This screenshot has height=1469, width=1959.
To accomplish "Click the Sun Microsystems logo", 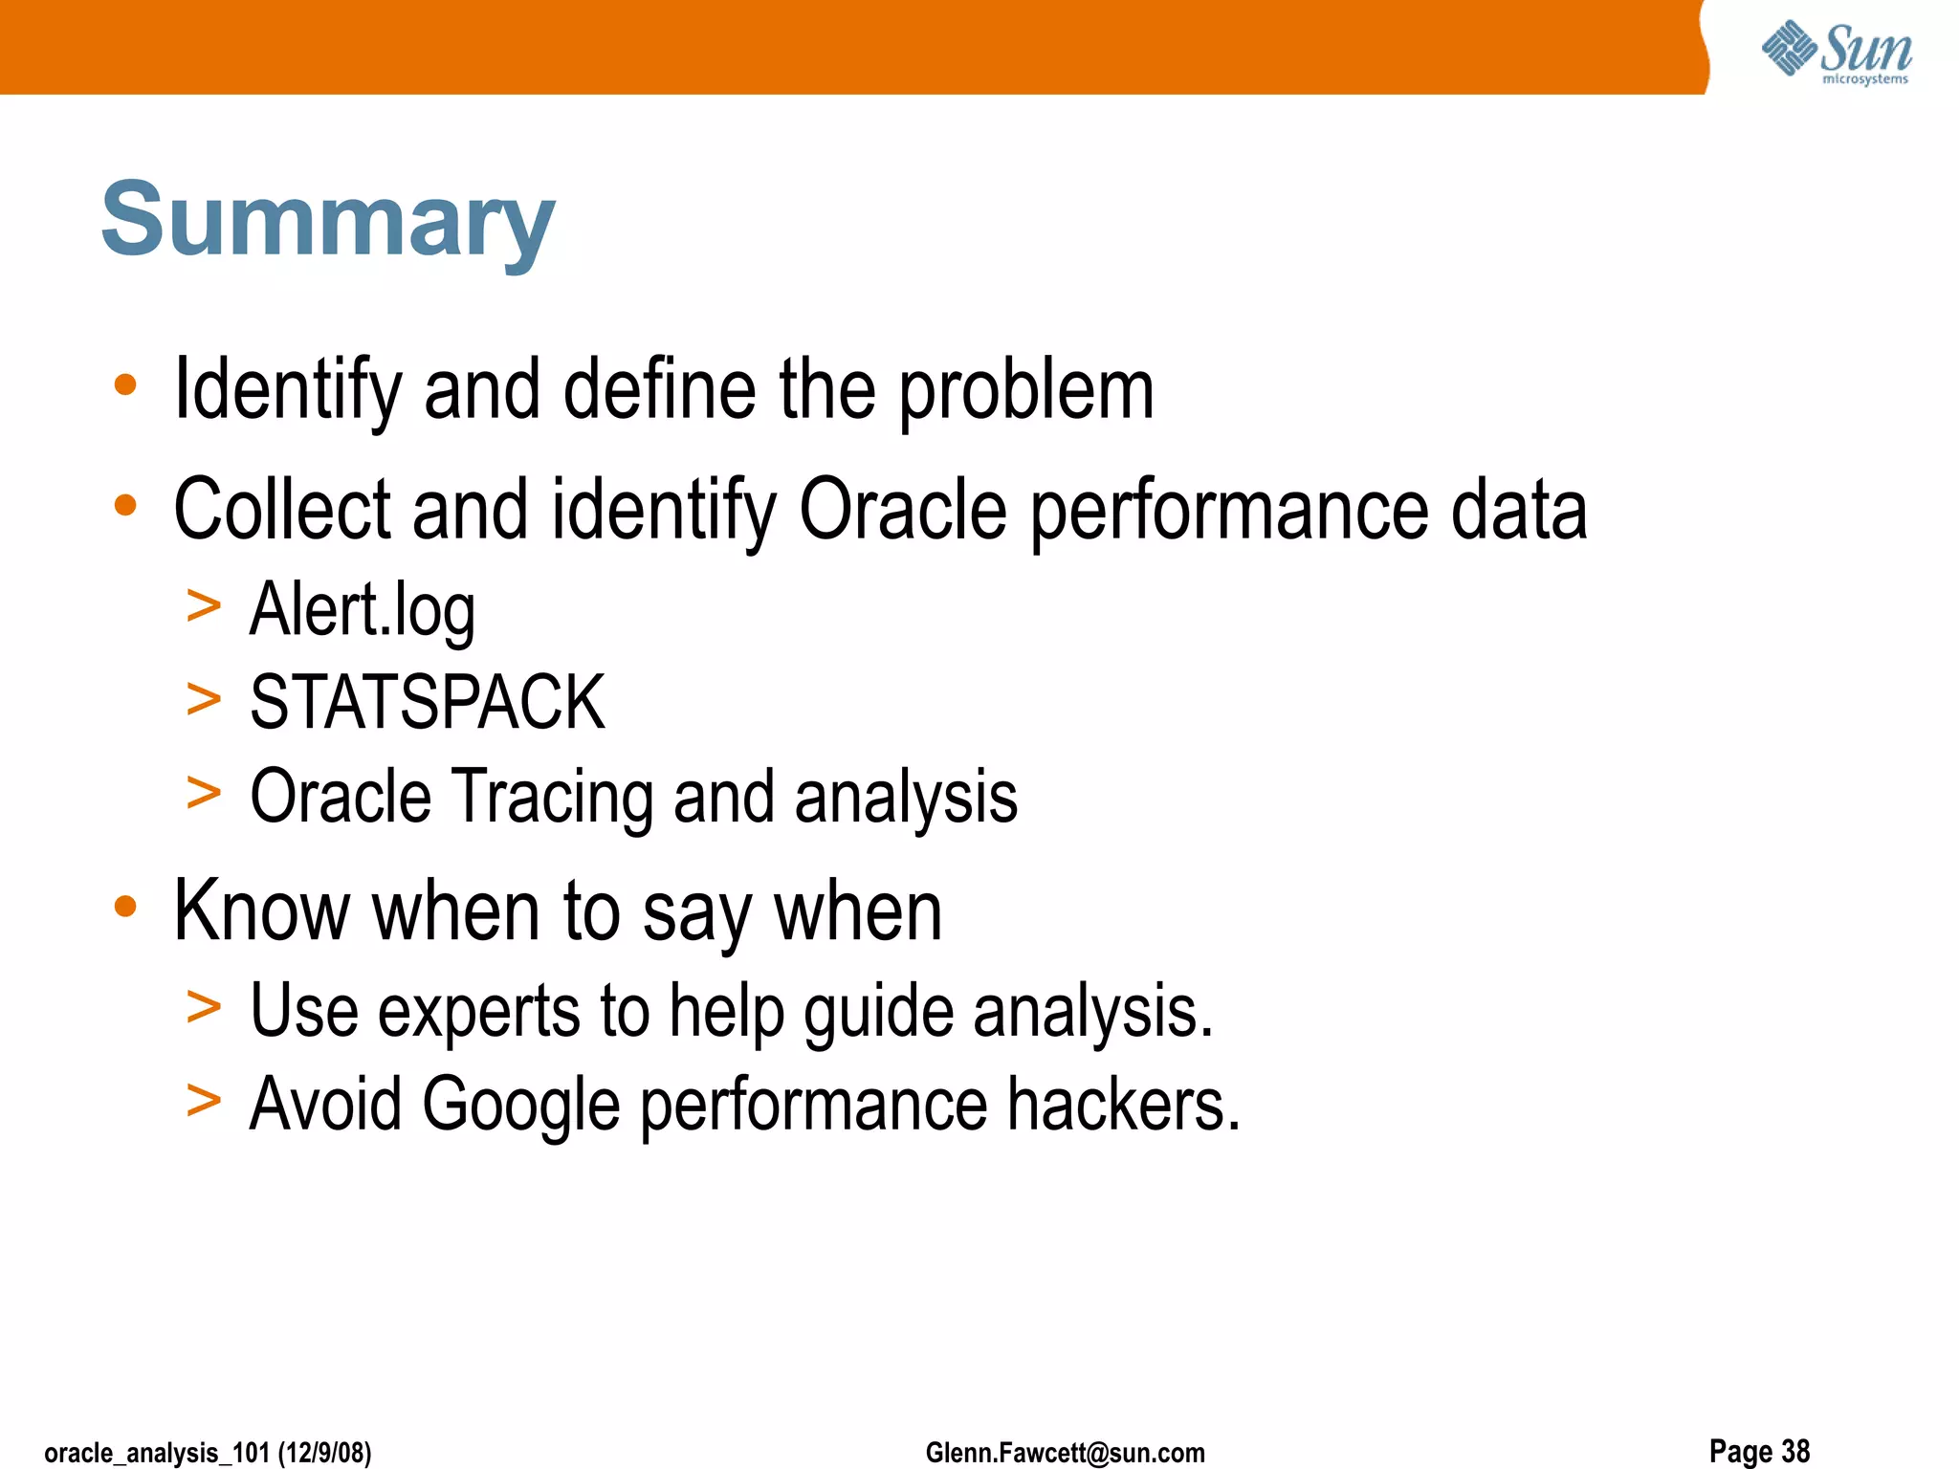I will click(x=1837, y=53).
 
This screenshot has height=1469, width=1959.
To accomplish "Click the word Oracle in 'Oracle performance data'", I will click(x=903, y=510).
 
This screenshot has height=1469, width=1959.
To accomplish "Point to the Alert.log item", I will click(x=362, y=609).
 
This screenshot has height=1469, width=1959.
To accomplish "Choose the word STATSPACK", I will click(x=427, y=703).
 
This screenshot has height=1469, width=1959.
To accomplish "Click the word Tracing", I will click(x=552, y=797).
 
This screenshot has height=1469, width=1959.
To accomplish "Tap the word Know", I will click(x=261, y=911).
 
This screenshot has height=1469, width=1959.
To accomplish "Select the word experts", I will click(x=478, y=1011).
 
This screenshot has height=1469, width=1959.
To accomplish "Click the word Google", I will click(x=520, y=1105).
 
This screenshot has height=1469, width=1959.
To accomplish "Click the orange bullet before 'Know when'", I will click(x=125, y=906).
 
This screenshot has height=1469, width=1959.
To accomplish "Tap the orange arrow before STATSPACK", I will click(x=204, y=699).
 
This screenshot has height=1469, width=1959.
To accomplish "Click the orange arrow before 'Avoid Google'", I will click(x=204, y=1101).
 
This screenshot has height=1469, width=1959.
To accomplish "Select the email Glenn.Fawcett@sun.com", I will click(x=1065, y=1453).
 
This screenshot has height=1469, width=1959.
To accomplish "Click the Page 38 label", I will click(x=1759, y=1451).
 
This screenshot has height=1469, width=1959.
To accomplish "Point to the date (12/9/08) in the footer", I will click(x=324, y=1453).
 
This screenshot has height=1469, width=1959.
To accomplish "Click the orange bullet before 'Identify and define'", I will click(x=125, y=385).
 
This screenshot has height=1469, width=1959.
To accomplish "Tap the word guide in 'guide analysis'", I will click(x=878, y=1011).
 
